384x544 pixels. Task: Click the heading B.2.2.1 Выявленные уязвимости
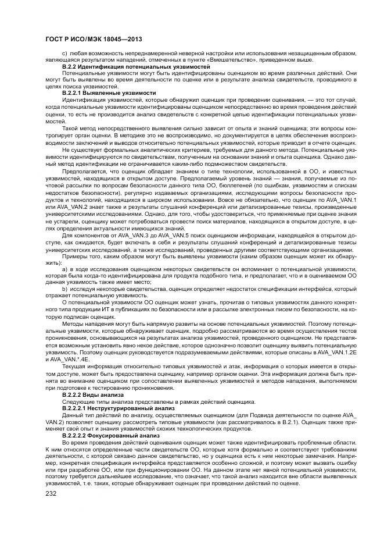pyautogui.click(x=109, y=93)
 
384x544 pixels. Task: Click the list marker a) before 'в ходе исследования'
pyautogui.click(x=64, y=270)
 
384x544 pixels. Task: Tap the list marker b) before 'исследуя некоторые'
pyautogui.click(x=64, y=289)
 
